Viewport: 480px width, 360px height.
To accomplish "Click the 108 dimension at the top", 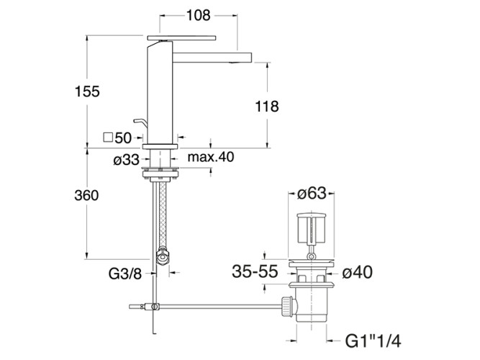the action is click(199, 15).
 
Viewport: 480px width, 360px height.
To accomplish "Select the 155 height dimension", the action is click(87, 91).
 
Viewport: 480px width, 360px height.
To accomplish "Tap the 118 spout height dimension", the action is click(267, 107).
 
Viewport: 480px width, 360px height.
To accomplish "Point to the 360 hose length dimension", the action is click(86, 195).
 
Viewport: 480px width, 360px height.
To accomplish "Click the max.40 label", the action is click(211, 157).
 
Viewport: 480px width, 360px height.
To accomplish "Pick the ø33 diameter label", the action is click(126, 160).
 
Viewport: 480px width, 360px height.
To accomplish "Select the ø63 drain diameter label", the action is click(312, 194).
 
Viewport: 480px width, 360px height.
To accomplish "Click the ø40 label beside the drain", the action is click(357, 272).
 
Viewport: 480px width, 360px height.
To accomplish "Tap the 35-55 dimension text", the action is click(255, 271).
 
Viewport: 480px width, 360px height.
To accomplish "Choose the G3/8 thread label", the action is click(125, 274).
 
